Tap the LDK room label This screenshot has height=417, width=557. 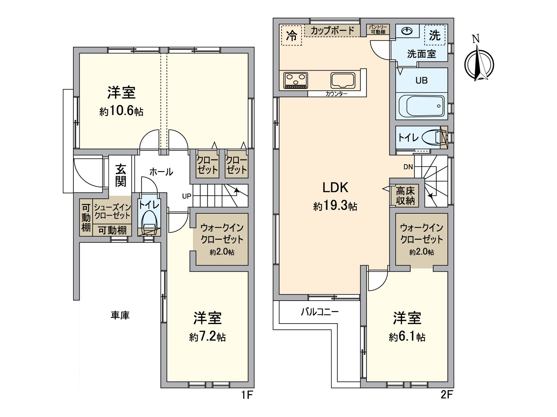[335, 188]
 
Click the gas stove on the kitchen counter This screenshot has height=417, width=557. [296, 80]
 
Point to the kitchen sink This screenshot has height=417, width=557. [343, 81]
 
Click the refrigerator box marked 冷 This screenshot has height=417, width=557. [291, 35]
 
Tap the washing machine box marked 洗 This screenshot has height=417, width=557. [435, 35]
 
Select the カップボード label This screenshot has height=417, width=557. [332, 31]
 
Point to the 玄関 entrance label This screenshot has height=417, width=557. [121, 175]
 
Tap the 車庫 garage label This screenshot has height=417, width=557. [120, 315]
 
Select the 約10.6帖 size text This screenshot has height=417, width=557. [121, 111]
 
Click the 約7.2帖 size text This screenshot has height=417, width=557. [207, 337]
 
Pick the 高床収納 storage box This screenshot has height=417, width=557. [406, 196]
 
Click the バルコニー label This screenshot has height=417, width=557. [320, 312]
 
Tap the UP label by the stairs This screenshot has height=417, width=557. [187, 196]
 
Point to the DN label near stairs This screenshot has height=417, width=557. [408, 167]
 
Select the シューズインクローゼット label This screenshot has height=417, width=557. [112, 212]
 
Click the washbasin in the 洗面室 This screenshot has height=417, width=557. [406, 31]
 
